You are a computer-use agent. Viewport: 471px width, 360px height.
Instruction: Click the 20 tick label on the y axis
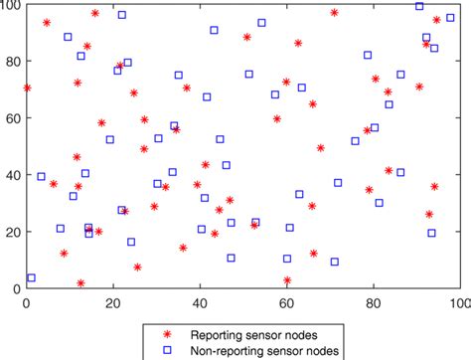click(12, 232)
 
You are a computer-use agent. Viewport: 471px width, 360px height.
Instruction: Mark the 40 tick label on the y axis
click(12, 175)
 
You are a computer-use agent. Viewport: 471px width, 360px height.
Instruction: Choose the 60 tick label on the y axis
click(12, 118)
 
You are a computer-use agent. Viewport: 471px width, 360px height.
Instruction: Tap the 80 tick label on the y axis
click(12, 62)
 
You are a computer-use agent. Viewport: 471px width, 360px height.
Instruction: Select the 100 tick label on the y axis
click(9, 6)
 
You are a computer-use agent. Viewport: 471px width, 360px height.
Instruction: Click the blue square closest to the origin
click(31, 278)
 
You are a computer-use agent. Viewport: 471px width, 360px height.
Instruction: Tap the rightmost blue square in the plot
click(450, 18)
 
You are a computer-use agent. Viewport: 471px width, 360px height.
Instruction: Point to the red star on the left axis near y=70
click(27, 88)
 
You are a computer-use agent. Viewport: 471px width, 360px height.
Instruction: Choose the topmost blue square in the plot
click(419, 6)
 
